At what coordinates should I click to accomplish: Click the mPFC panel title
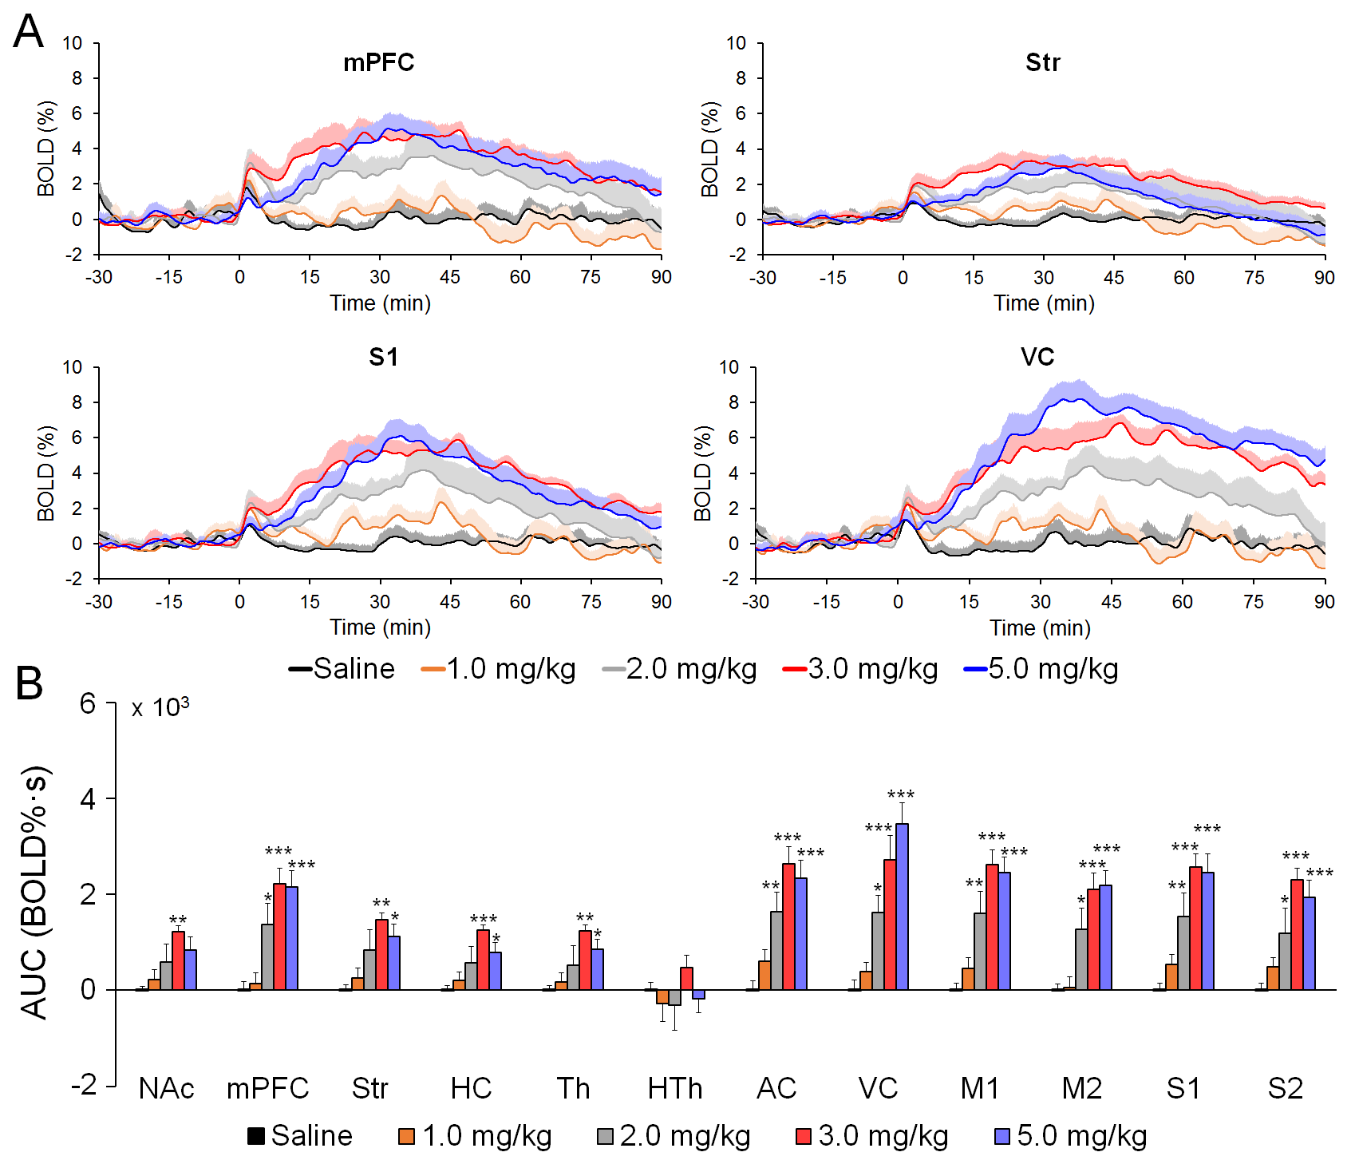pos(378,62)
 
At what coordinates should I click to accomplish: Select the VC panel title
pos(1037,357)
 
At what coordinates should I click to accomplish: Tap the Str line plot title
pos(1042,62)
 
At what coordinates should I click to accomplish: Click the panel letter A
pos(29,32)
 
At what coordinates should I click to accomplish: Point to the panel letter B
pos(30,683)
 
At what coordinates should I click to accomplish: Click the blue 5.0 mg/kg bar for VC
pos(902,907)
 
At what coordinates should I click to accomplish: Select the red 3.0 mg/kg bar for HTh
pos(686,979)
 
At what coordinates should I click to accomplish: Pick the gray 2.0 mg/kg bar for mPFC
pos(267,957)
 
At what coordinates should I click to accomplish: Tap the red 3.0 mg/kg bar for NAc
pos(178,961)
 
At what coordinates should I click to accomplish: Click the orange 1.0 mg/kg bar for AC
pos(764,976)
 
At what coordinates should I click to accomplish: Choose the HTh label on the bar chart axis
pos(675,1088)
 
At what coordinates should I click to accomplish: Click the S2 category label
pos(1285,1088)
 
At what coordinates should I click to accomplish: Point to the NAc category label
pos(166,1088)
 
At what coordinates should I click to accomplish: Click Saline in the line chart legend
pos(343,668)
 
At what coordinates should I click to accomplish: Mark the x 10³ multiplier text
pos(160,707)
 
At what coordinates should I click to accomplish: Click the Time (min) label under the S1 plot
pos(381,628)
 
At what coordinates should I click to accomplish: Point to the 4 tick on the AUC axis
pos(88,799)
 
